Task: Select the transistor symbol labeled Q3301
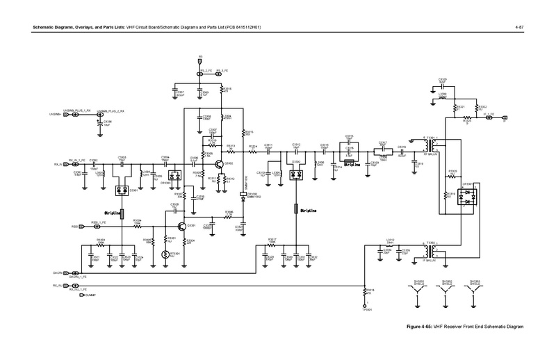[181, 226]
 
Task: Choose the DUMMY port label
[88, 295]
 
